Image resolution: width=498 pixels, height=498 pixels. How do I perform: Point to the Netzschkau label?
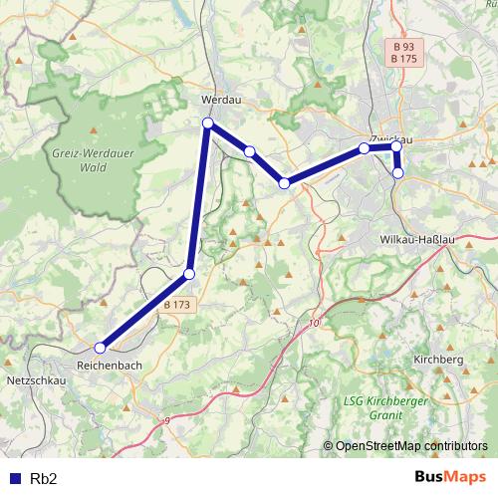(x=36, y=380)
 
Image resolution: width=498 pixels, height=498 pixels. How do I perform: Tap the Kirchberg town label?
(x=438, y=358)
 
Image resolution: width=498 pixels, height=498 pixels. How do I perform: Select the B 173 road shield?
(x=177, y=303)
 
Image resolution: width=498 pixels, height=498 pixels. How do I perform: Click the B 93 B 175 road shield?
(x=403, y=53)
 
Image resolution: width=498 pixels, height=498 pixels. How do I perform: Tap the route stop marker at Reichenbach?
(x=100, y=348)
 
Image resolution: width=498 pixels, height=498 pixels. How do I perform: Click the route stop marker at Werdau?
(x=208, y=124)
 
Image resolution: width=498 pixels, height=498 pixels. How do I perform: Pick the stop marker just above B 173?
(x=189, y=274)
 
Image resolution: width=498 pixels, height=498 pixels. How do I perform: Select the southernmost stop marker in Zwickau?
(x=398, y=172)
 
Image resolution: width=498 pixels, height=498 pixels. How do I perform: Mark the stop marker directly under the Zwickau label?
(x=365, y=148)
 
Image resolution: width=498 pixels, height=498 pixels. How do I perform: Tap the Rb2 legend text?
(x=44, y=478)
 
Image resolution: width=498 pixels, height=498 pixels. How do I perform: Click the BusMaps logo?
(x=450, y=477)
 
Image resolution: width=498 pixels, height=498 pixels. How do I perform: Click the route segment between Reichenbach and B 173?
(x=144, y=311)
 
